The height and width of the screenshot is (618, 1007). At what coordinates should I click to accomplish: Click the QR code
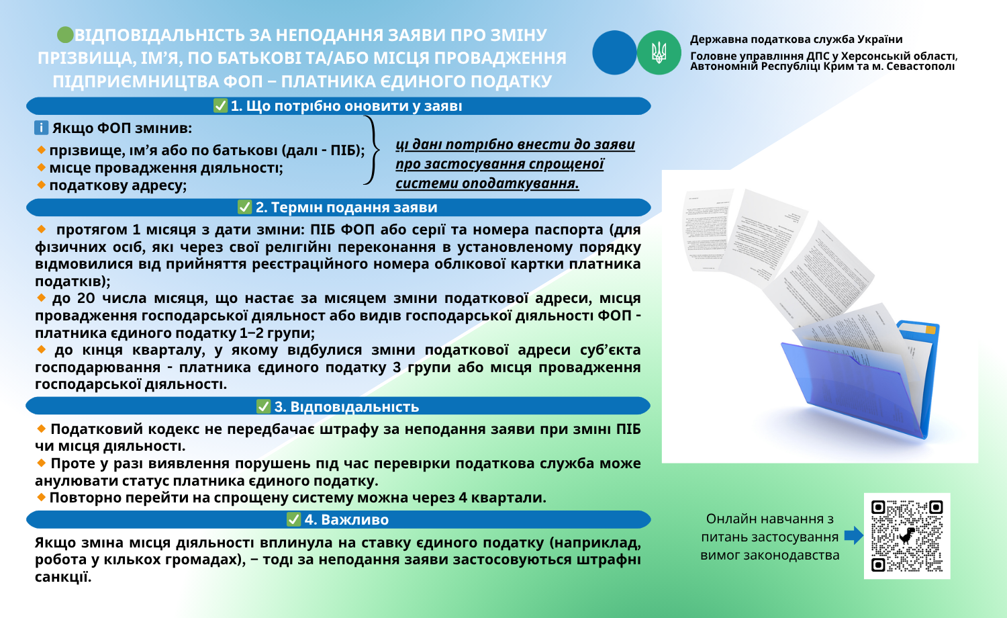pos(907,535)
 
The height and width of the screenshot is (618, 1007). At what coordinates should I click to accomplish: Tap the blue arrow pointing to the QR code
pos(853,535)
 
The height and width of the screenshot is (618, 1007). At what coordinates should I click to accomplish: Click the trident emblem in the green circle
pos(659,52)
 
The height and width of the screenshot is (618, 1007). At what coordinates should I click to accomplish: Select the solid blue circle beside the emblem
pos(614,52)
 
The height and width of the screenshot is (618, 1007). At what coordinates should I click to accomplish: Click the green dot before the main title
pos(65,34)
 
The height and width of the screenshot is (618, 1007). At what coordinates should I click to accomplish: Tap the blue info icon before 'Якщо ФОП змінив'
pos(42,128)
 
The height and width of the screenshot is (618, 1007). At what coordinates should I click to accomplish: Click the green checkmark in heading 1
pos(220,105)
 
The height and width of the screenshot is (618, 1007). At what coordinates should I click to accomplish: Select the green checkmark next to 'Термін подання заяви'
pos(245,207)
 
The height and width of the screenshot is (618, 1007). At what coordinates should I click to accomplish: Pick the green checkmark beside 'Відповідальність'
pos(264,406)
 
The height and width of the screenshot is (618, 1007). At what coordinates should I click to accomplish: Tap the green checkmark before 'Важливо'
pos(293,519)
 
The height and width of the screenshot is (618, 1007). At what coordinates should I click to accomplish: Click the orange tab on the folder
pos(930,330)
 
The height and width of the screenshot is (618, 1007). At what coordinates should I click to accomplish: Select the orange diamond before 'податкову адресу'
pos(42,184)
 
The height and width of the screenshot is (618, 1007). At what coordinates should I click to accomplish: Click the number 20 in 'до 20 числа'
pos(86,298)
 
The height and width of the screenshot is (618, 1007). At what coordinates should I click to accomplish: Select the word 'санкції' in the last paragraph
pos(62,577)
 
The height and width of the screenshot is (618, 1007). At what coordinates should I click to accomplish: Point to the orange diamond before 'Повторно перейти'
pos(42,497)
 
